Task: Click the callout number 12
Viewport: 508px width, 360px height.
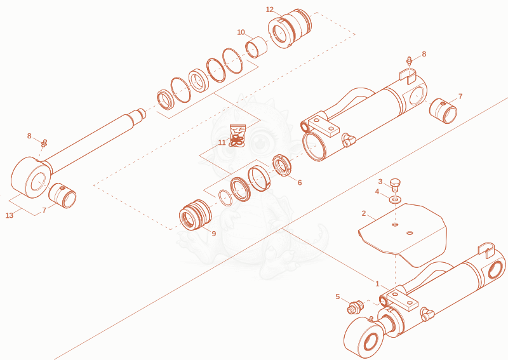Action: [x=269, y=10]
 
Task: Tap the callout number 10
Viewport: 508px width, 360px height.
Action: [x=241, y=32]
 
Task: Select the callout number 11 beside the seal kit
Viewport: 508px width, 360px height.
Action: [x=222, y=143]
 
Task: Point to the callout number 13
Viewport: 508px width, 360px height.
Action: [x=10, y=215]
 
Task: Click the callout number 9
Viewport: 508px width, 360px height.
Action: [x=213, y=233]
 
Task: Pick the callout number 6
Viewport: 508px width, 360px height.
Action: [x=300, y=182]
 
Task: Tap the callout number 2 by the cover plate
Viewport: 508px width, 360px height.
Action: [x=364, y=213]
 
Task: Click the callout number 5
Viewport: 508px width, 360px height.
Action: [x=338, y=297]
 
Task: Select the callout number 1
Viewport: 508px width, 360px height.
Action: [x=377, y=284]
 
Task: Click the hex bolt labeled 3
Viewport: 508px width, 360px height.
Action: [x=394, y=183]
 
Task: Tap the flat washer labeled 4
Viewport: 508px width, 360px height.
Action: [x=394, y=198]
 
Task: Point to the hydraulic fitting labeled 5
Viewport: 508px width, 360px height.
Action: [x=356, y=307]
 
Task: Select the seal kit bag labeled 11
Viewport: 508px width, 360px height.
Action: [x=237, y=136]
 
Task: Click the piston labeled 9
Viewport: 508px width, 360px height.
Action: [x=196, y=215]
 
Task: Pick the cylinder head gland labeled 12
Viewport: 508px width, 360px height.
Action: [x=290, y=29]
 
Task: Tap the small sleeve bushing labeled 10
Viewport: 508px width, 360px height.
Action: [x=257, y=48]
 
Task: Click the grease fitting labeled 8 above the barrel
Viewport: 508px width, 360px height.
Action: [x=410, y=60]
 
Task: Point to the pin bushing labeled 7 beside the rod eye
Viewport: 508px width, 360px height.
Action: [x=62, y=195]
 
